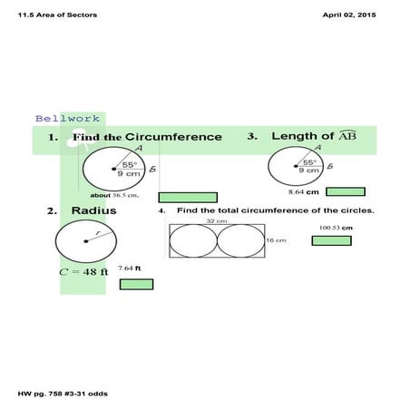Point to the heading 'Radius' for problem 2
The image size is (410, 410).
93,211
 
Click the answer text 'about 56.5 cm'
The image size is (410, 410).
113,195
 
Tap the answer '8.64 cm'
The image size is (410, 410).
303,192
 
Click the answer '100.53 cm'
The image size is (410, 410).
336,227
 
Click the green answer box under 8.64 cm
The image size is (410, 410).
346,191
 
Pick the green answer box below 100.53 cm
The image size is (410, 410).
331,240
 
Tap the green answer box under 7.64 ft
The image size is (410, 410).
136,284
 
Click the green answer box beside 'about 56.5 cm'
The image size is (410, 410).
188,197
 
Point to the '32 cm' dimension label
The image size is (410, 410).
216,220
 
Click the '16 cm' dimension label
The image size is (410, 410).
276,240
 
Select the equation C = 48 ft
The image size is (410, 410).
83,270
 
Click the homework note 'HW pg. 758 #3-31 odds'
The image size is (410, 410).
57,394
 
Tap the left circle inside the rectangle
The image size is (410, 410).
193,241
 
